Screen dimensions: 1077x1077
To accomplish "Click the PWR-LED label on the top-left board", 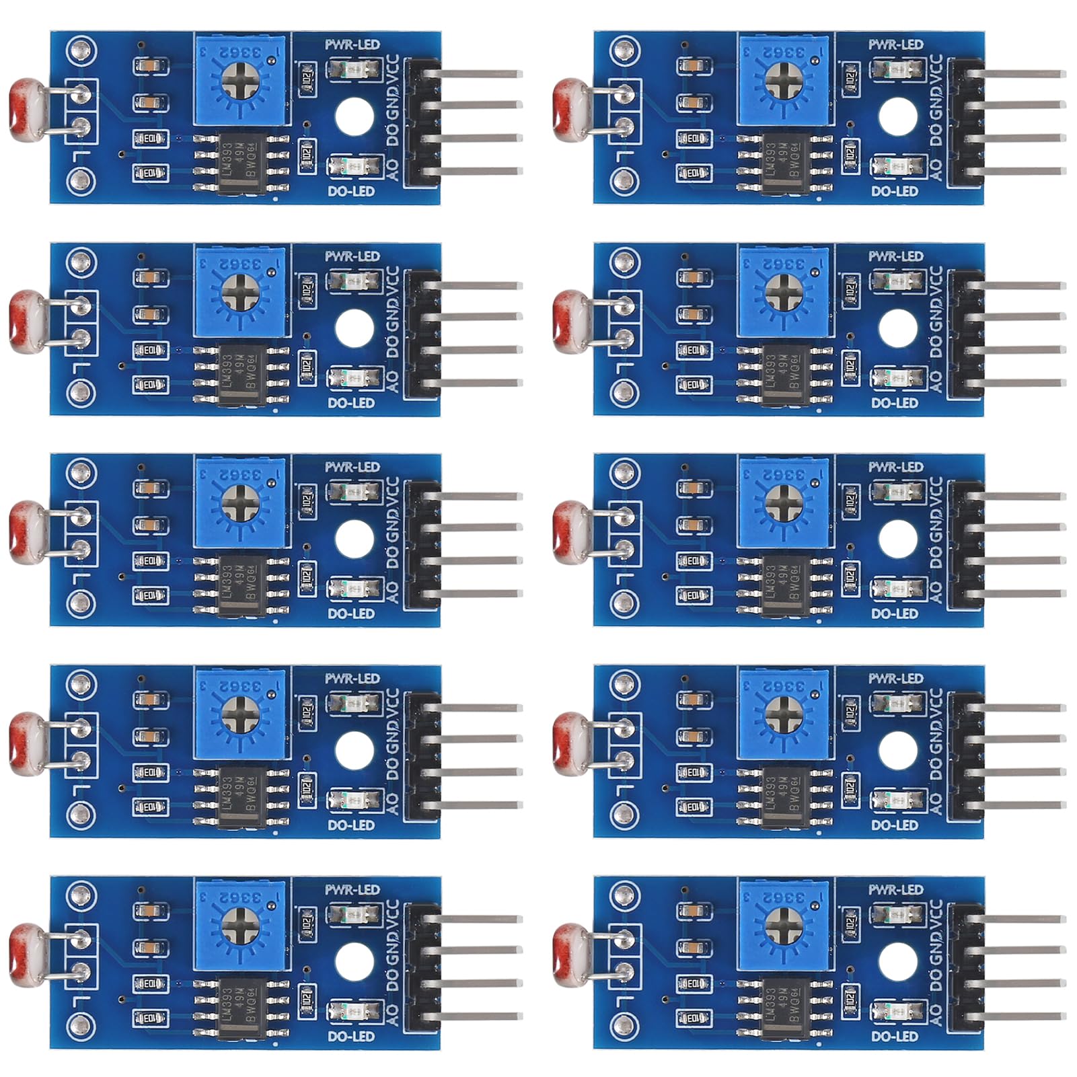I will (x=352, y=45).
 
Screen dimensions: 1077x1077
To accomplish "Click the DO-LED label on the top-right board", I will (x=894, y=192).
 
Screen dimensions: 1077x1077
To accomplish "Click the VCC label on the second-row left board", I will (x=393, y=278).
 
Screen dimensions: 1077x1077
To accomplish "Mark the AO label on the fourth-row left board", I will (x=393, y=801).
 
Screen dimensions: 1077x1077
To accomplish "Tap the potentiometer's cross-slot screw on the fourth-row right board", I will (x=783, y=710).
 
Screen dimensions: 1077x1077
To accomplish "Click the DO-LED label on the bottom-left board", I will (x=350, y=1037).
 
